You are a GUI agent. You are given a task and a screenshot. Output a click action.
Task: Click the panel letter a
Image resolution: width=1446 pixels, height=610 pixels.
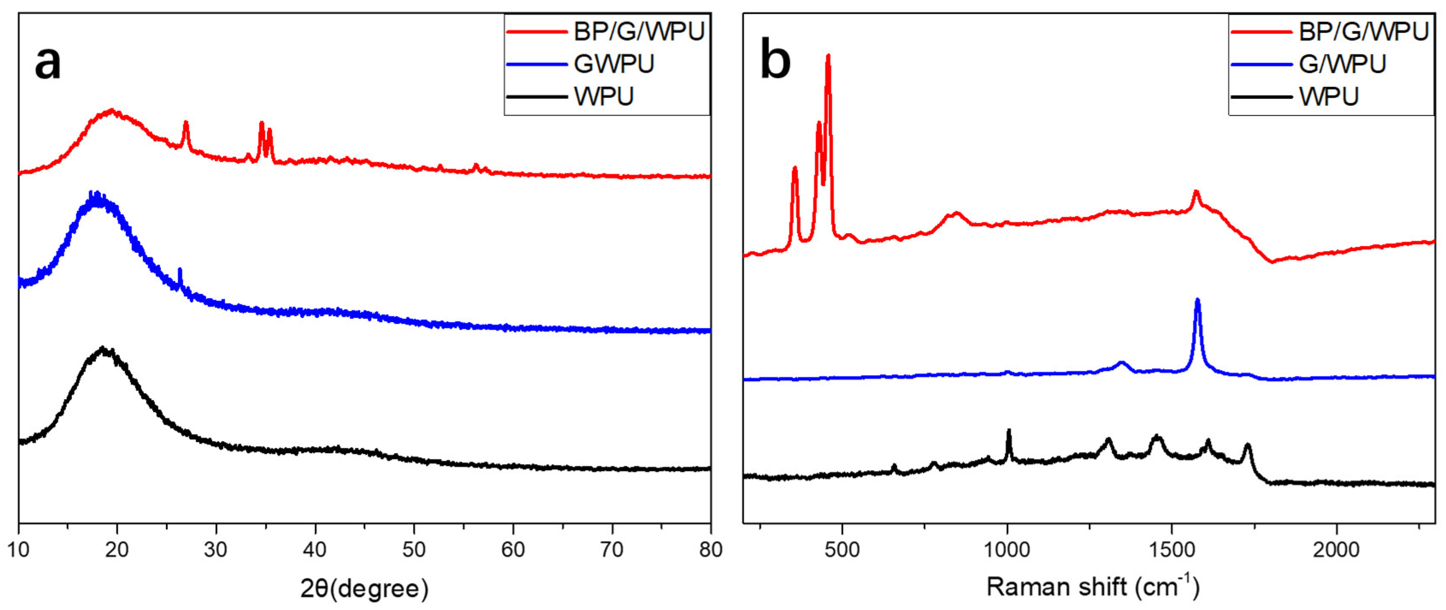(x=48, y=63)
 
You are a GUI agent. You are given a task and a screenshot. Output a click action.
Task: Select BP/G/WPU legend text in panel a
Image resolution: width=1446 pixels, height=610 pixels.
(x=639, y=32)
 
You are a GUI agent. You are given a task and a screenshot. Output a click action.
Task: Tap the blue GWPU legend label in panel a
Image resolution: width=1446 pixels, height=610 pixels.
(x=614, y=64)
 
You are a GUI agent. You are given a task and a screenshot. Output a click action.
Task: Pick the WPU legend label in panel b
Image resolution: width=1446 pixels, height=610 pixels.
(x=1329, y=97)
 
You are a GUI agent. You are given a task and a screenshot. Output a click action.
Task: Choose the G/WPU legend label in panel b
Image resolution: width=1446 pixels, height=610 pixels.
(x=1342, y=64)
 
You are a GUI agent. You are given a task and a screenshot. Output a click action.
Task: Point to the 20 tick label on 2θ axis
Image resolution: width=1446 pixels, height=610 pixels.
(x=117, y=549)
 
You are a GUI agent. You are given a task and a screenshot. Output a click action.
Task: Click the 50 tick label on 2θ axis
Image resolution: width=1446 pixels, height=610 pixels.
(x=414, y=549)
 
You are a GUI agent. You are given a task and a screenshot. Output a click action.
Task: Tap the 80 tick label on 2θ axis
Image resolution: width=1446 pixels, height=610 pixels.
(x=710, y=549)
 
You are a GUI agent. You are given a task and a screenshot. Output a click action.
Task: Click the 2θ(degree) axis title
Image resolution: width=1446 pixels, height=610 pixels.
(x=364, y=589)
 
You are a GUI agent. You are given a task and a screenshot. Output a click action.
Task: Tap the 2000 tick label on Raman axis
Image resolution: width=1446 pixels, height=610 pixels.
(x=1336, y=549)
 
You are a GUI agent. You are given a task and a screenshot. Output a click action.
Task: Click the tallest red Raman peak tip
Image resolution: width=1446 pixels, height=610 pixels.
(x=828, y=56)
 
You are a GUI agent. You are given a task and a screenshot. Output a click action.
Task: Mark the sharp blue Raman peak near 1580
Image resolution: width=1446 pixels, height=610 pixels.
(x=1197, y=300)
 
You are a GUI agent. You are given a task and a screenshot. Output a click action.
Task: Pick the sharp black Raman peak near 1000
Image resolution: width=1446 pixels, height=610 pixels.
(x=1009, y=431)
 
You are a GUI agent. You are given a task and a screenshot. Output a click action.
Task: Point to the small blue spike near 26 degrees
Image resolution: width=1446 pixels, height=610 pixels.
(x=180, y=270)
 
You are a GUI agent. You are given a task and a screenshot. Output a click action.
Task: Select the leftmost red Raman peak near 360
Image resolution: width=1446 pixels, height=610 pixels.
(x=794, y=168)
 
